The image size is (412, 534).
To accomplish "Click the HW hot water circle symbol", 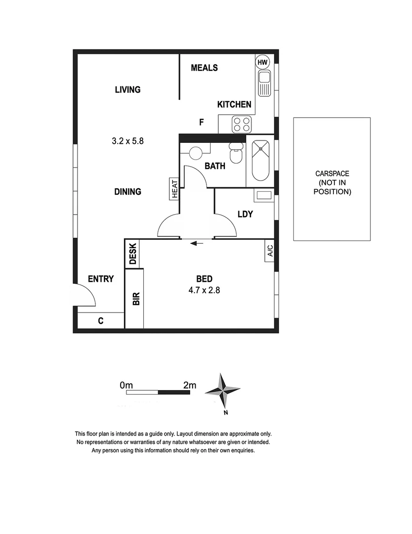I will click(262, 62).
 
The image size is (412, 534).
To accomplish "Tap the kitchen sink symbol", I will click(264, 83).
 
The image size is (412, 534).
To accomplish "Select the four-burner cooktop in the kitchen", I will click(242, 124).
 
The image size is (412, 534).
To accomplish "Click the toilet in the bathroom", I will click(236, 153).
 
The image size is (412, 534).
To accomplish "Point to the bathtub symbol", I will click(260, 161).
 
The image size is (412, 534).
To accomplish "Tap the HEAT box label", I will click(175, 189).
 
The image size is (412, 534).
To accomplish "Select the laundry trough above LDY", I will click(263, 195).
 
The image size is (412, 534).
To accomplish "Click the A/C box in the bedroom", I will click(270, 251).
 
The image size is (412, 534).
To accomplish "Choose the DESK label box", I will click(133, 254).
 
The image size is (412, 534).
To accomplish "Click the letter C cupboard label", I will click(100, 321).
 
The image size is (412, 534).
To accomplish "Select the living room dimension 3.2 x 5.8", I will click(127, 141).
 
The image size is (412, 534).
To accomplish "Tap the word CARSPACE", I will click(332, 174).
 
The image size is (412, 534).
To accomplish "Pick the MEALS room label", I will click(204, 68).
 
